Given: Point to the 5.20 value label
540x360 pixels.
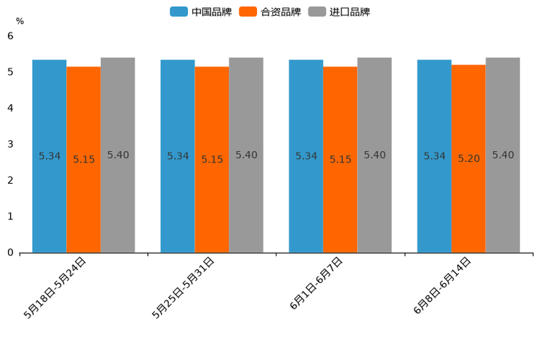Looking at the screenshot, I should (x=468, y=159).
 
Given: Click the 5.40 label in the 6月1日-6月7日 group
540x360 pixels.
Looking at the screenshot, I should (x=375, y=155).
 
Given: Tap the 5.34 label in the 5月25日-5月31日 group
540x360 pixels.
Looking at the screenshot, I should (x=178, y=156).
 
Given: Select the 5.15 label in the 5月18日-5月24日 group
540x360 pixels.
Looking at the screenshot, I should (x=83, y=160).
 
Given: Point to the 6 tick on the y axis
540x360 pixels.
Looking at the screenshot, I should (x=10, y=36).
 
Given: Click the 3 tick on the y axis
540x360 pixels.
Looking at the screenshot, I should (x=10, y=144).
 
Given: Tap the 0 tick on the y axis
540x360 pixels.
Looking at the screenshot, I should (x=10, y=253).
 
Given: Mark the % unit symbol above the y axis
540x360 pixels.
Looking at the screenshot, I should (x=20, y=21).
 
